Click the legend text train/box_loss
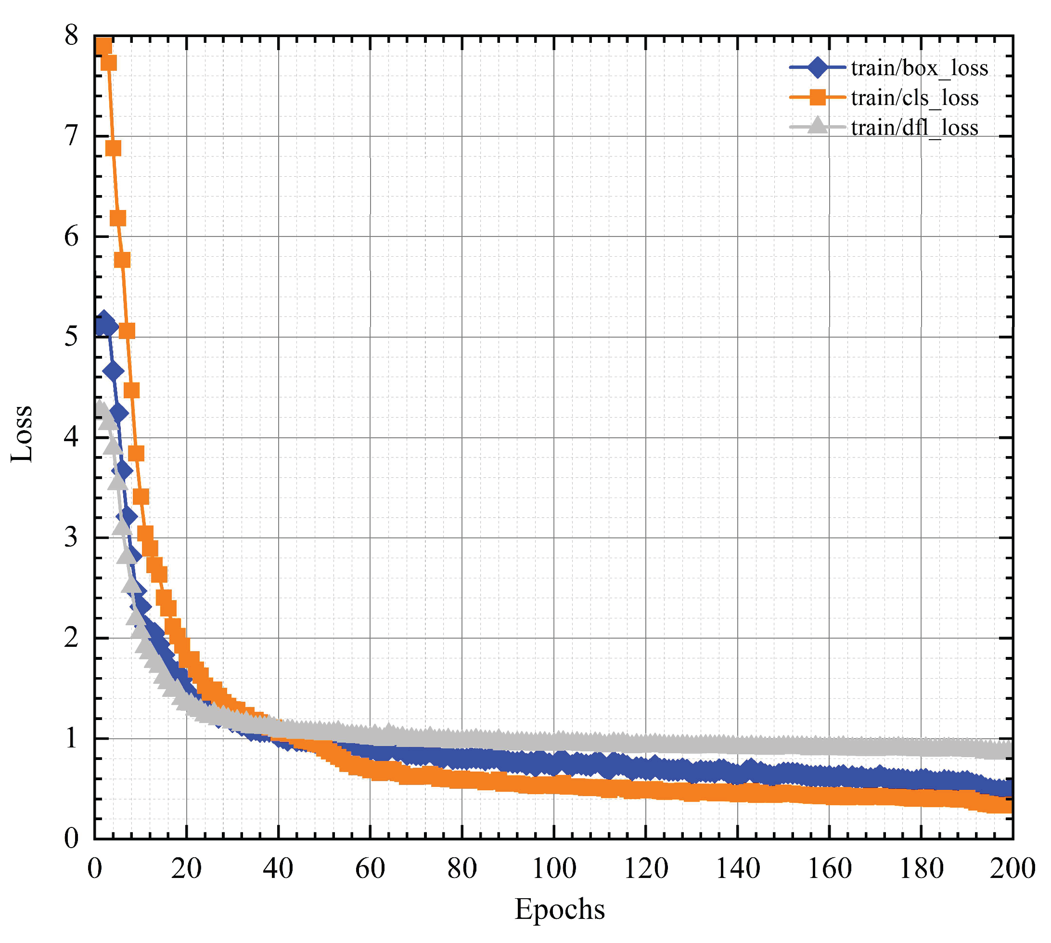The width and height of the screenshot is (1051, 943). click(919, 68)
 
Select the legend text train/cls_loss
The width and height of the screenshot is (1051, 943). click(914, 98)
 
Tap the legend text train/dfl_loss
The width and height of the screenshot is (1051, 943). click(914, 128)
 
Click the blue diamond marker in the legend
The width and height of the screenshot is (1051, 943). click(817, 67)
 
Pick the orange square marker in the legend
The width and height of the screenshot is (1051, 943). click(817, 97)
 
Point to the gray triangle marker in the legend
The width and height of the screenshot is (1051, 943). click(817, 126)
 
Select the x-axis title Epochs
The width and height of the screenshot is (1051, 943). click(559, 909)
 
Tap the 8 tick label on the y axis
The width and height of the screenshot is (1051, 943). click(71, 36)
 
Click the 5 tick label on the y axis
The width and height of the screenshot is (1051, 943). click(71, 337)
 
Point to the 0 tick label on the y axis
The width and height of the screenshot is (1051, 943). click(71, 838)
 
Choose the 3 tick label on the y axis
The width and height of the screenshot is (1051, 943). click(71, 538)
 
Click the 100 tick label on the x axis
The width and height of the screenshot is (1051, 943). click(553, 869)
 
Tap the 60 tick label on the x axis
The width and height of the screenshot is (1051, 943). click(370, 869)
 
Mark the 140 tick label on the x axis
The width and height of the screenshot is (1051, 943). click(737, 869)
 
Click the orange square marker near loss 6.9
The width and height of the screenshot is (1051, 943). click(113, 149)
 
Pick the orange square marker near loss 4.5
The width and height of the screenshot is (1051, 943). click(131, 390)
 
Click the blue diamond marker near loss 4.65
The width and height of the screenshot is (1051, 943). click(114, 371)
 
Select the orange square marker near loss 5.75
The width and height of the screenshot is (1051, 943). click(122, 260)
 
